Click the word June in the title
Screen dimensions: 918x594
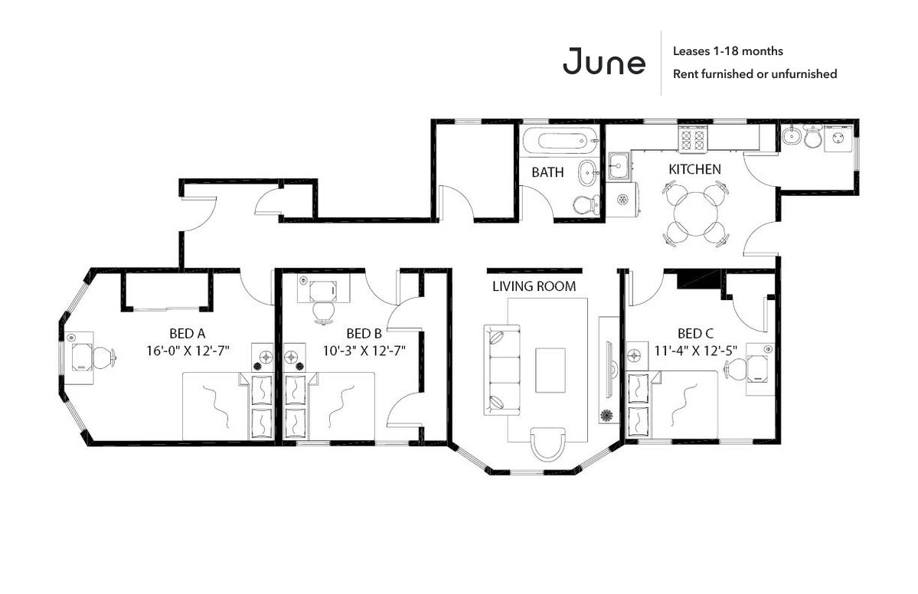[x=603, y=61]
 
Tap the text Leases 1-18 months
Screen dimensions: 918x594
[x=727, y=51]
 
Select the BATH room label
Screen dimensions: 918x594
[x=547, y=172]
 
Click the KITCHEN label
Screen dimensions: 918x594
[x=695, y=169]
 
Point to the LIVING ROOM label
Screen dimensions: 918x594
[x=534, y=286]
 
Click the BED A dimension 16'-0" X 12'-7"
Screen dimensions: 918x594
[x=188, y=351]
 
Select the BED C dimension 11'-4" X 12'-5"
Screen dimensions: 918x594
[x=695, y=351]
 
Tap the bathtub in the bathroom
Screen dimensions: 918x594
[x=561, y=141]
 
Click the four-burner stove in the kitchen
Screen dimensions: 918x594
[x=693, y=139]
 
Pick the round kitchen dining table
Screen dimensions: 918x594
[x=695, y=213]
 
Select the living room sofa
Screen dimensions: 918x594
[x=501, y=370]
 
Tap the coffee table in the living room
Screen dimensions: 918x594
[x=550, y=370]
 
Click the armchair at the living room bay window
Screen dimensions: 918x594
[x=548, y=444]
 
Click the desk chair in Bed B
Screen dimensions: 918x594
[x=323, y=312]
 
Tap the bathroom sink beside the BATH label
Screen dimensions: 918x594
[x=587, y=172]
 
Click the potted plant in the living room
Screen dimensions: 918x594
[x=606, y=416]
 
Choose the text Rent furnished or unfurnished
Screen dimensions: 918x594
[x=755, y=73]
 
